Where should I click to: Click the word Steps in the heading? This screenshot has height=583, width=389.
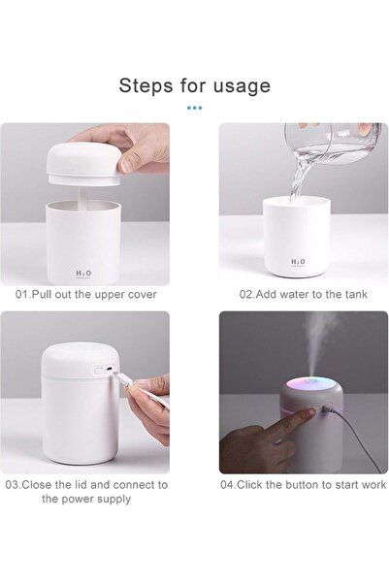pyautogui.click(x=146, y=86)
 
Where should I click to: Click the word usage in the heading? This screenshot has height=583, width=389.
pyautogui.click(x=242, y=87)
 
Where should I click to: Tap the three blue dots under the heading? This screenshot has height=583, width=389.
pyautogui.click(x=194, y=108)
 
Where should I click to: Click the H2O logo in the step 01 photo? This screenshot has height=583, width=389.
pyautogui.click(x=83, y=274)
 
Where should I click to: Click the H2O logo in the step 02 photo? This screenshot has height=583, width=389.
pyautogui.click(x=298, y=262)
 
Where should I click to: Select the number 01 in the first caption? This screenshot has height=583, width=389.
pyautogui.click(x=21, y=295)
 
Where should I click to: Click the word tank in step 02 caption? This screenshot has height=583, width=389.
pyautogui.click(x=356, y=295)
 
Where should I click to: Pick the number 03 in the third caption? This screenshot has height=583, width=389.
pyautogui.click(x=13, y=485)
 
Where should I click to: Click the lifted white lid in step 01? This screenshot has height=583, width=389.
pyautogui.click(x=84, y=164)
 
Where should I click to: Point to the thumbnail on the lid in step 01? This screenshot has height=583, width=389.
pyautogui.click(x=126, y=164)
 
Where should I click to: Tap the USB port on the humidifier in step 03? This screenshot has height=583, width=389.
pyautogui.click(x=109, y=370)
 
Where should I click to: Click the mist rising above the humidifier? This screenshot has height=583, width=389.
pyautogui.click(x=319, y=344)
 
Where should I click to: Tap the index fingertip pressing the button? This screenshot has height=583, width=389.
pyautogui.click(x=311, y=411)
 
